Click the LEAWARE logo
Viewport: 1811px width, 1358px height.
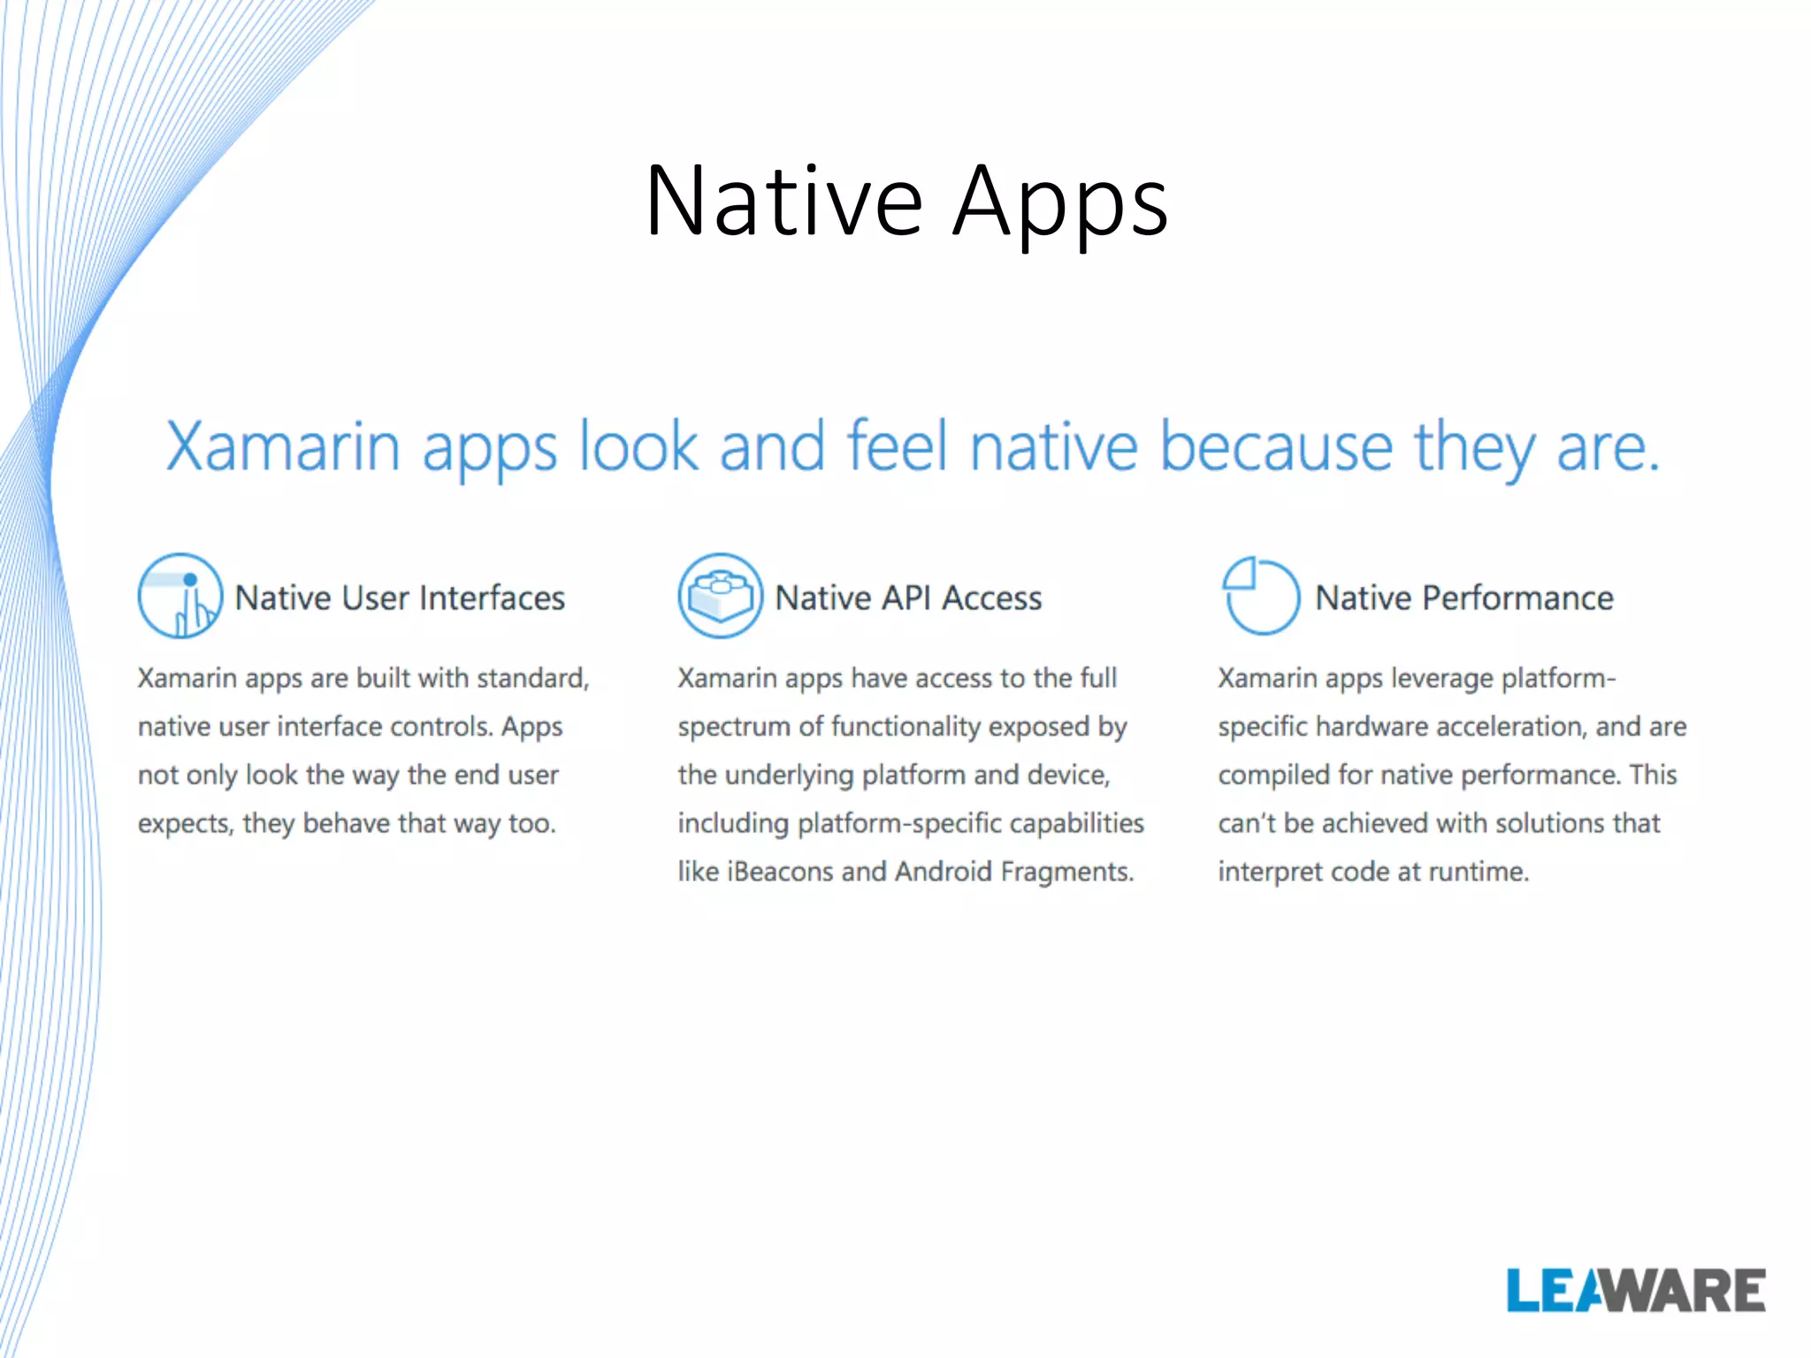(x=1635, y=1291)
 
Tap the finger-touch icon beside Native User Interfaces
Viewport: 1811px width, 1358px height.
(x=180, y=596)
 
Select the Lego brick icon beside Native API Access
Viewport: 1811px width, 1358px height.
(x=720, y=596)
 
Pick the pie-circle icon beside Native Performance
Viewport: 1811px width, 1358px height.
(x=1260, y=596)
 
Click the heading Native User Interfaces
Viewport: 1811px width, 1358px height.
(x=400, y=599)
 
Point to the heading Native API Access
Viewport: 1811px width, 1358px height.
(x=908, y=599)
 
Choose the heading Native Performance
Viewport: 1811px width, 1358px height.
(x=1464, y=599)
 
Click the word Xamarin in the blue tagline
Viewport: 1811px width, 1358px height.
(x=283, y=446)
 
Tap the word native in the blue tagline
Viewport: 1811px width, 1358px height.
(x=1053, y=446)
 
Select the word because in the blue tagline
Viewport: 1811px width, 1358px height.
(x=1276, y=446)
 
